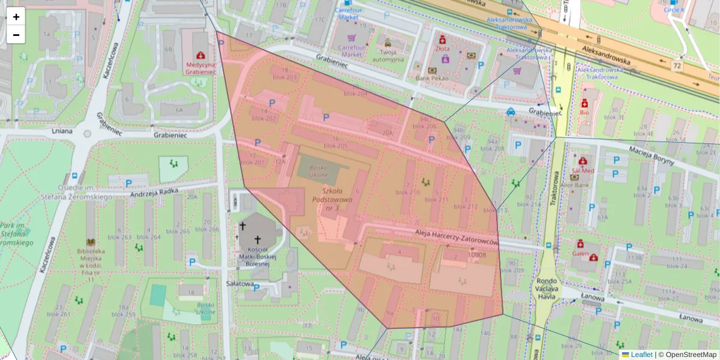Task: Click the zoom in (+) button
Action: point(16,17)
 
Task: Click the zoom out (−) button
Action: point(16,35)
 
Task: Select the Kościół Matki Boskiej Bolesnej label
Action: point(252,256)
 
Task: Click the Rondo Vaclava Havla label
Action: point(547,285)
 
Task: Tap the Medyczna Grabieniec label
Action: point(200,68)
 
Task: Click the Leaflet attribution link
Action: point(641,355)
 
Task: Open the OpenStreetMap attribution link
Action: point(691,355)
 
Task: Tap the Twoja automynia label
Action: point(388,55)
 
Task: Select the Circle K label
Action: point(677,10)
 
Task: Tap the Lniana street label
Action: point(62,130)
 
